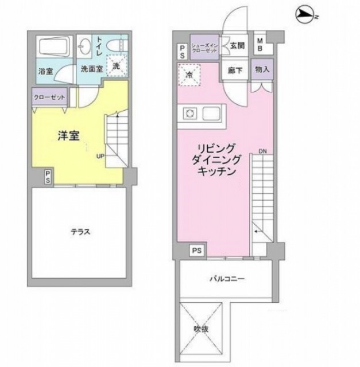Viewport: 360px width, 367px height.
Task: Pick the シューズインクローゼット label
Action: click(203, 49)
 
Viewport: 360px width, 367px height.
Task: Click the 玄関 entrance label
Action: click(237, 46)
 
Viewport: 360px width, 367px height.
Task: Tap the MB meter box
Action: click(260, 45)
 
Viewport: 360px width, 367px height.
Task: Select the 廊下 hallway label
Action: click(234, 69)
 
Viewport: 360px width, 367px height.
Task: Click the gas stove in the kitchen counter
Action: click(189, 113)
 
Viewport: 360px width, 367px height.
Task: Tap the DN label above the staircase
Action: click(262, 152)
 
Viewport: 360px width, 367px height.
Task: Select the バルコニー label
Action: click(226, 279)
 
